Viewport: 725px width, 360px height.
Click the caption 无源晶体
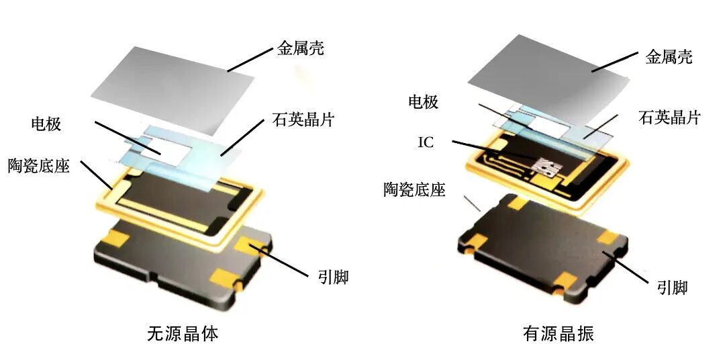(183, 334)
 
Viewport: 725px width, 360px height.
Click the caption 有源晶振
(559, 334)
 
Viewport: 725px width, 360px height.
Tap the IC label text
(426, 142)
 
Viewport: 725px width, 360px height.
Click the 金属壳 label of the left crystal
(301, 48)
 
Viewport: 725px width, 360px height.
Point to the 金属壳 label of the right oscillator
(669, 57)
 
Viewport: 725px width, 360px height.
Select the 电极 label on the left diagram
(46, 124)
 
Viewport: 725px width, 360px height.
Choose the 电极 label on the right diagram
(423, 102)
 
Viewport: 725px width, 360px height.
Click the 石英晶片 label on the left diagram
(303, 120)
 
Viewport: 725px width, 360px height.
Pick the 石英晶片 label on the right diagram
(669, 118)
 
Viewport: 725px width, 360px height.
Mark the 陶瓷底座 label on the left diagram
(39, 165)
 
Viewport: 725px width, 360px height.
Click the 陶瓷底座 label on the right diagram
(414, 189)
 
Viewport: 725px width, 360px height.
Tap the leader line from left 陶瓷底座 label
(96, 175)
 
